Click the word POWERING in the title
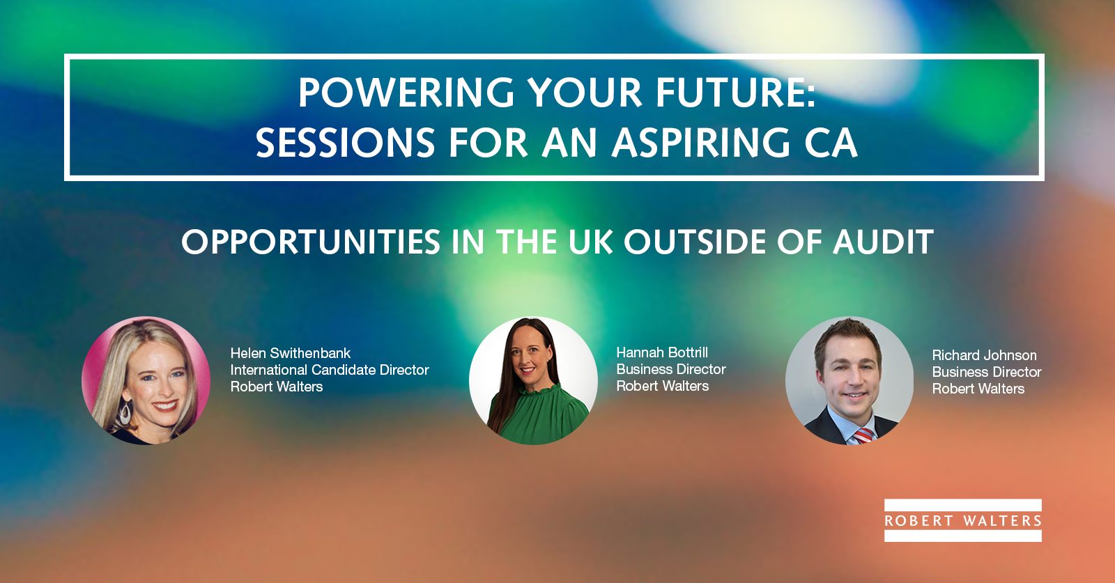pos(406,93)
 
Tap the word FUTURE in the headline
pos(731,93)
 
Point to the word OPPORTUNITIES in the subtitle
pos(311,242)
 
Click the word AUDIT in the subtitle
pos(884,242)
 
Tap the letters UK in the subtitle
pos(591,242)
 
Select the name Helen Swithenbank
pos(290,353)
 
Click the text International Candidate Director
pos(330,370)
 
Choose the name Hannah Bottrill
pos(662,352)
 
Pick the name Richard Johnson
pos(984,355)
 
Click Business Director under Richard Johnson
pos(987,372)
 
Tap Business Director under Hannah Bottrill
pos(671,369)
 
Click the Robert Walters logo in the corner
pos(962,520)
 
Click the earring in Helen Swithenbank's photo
pos(125,412)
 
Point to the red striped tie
pos(863,435)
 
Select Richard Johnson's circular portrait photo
pos(849,380)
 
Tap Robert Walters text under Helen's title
pos(276,387)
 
